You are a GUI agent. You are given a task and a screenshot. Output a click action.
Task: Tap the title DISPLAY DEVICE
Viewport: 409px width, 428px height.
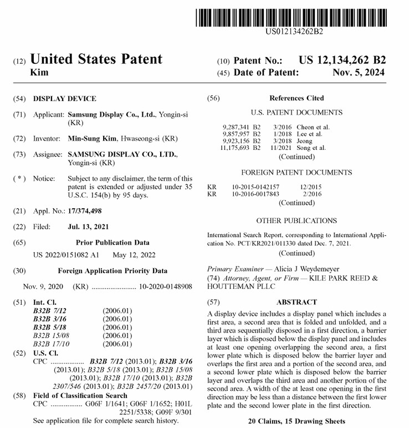point(64,99)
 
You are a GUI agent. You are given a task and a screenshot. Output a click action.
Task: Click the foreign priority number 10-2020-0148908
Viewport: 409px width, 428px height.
point(165,286)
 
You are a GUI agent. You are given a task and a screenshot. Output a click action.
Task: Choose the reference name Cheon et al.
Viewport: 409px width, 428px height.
point(313,127)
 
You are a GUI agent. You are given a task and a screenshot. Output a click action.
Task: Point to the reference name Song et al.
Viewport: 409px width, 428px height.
point(311,148)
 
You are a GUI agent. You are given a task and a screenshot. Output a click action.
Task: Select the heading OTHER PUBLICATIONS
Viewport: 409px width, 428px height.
point(296,220)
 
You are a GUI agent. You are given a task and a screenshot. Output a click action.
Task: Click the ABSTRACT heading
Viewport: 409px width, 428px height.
point(296,303)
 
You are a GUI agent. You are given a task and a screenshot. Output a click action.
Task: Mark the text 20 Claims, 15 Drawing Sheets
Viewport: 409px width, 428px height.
point(296,421)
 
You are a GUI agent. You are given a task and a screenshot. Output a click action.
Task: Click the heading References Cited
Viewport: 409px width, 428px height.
point(296,98)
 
